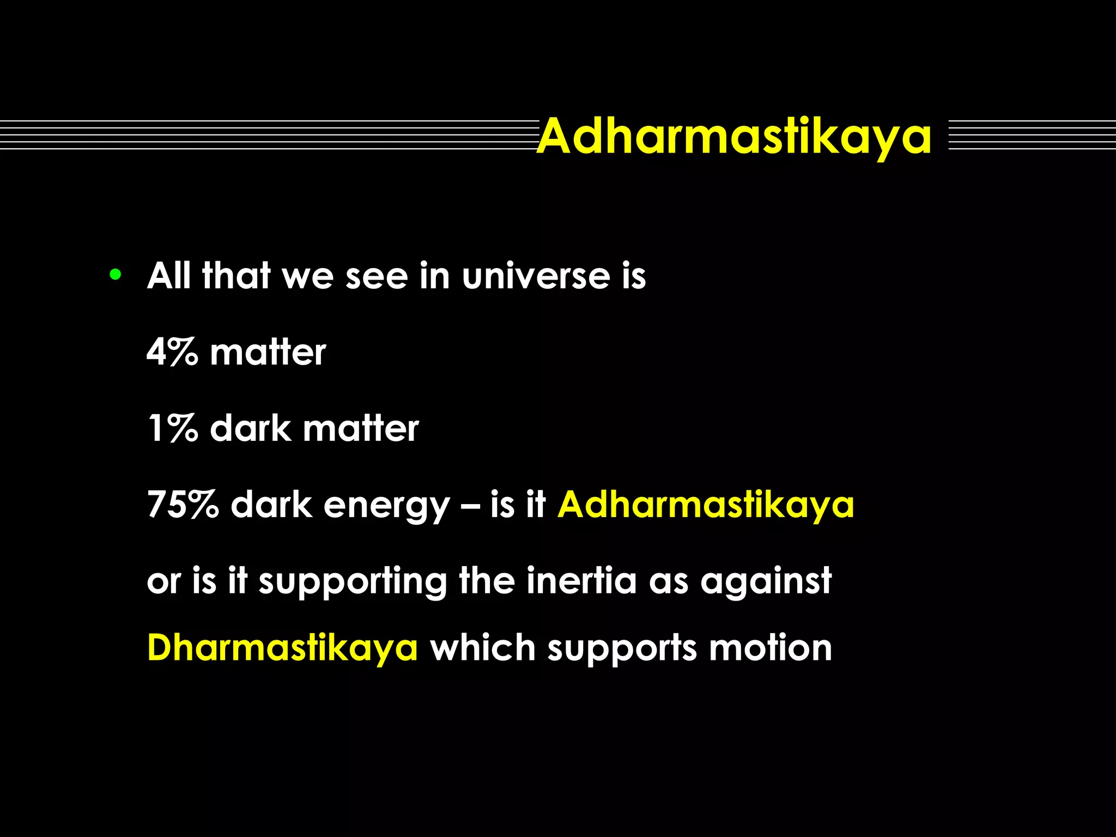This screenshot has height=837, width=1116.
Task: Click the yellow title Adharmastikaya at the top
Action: coord(735,136)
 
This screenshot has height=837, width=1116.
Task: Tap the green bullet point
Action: coord(115,275)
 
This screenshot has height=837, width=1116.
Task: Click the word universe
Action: coord(536,276)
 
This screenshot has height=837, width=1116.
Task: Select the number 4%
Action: coord(172,353)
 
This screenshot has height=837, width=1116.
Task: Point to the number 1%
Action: coord(172,429)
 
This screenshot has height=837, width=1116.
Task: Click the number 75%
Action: coord(183,505)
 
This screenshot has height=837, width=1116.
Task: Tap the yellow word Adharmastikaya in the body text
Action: coord(706,505)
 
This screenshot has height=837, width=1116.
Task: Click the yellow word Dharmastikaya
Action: coord(282,648)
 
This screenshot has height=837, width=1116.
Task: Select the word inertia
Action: coord(581,581)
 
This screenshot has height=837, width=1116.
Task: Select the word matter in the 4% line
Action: coord(268,353)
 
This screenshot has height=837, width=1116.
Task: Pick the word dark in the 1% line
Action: coord(251,429)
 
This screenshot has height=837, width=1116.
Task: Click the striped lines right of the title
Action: coord(1032,135)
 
